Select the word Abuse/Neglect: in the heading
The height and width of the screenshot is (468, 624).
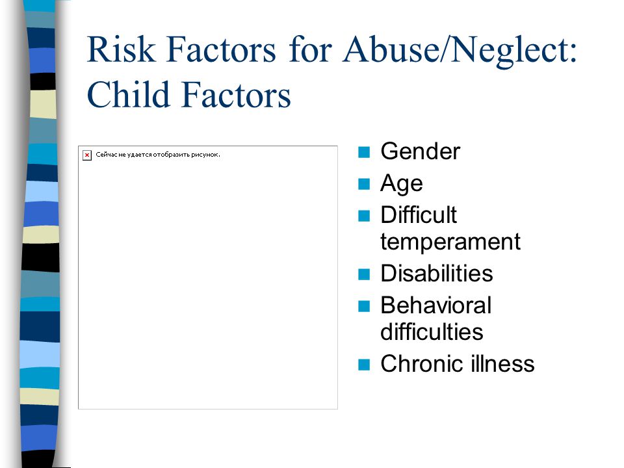(460, 51)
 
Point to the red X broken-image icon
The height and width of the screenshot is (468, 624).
(86, 155)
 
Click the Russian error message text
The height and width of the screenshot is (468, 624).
(157, 155)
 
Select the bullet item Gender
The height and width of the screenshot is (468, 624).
(421, 151)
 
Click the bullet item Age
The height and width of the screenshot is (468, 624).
(401, 184)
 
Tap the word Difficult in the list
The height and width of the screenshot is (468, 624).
(418, 215)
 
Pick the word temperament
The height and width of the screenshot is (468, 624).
(450, 242)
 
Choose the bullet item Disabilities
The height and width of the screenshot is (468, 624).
(437, 274)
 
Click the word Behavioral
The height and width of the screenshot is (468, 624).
(435, 305)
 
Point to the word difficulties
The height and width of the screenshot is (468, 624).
(432, 332)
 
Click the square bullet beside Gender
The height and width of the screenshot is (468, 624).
(364, 152)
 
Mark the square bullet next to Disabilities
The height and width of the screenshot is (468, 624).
(364, 274)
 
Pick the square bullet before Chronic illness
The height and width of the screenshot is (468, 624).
(364, 365)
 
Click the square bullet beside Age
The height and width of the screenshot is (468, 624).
(364, 184)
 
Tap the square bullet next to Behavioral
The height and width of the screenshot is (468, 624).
(364, 306)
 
